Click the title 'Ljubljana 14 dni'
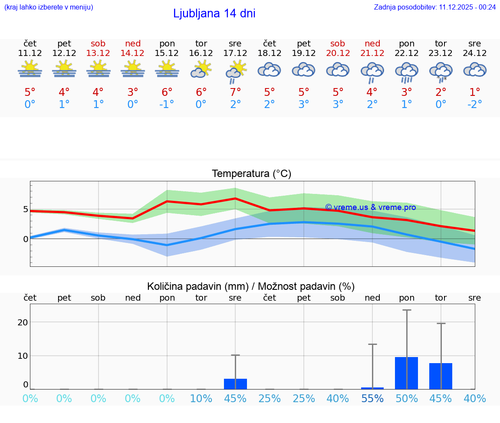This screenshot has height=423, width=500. tap(214, 13)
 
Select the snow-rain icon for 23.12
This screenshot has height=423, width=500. tap(441, 72)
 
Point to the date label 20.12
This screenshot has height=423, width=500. tap(338, 53)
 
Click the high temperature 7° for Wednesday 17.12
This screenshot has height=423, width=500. tap(235, 92)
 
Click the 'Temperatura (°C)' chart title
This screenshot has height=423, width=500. tap(251, 174)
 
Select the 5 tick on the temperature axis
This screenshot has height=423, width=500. tap(26, 209)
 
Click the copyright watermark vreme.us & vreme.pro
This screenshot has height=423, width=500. tap(370, 207)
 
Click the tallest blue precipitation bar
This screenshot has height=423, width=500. tap(407, 373)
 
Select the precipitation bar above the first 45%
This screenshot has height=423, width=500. tap(235, 384)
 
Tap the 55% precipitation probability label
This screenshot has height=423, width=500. tap(372, 399)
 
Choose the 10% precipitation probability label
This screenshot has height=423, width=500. tap(201, 399)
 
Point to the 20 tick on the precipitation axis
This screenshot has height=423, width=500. tap(23, 322)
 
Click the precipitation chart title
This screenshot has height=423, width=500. tap(251, 286)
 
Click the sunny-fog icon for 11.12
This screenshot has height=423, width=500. tap(30, 69)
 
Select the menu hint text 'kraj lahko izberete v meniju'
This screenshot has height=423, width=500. tap(49, 7)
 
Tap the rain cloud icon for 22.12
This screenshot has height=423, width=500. tap(407, 72)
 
